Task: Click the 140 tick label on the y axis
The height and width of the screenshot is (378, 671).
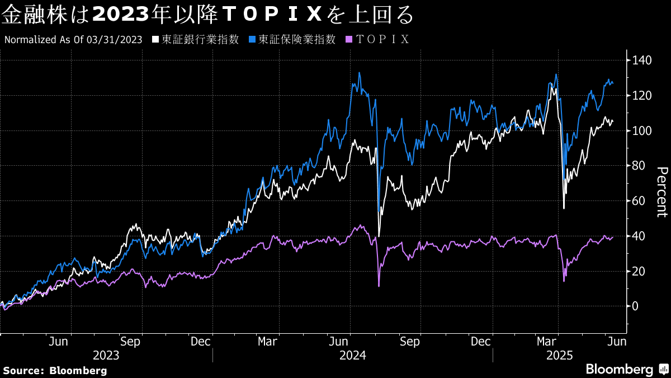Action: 642,60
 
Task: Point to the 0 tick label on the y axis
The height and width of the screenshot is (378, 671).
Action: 636,306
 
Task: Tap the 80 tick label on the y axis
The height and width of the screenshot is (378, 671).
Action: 639,166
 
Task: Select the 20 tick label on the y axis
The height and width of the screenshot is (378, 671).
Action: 639,271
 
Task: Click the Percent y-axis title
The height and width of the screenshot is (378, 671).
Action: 661,192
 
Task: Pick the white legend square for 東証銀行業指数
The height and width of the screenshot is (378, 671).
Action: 155,40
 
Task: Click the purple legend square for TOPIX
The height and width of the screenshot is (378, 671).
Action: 349,40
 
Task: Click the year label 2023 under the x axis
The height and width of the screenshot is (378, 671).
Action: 106,355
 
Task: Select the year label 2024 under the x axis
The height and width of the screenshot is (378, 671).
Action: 353,355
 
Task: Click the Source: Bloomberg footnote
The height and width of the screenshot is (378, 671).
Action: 55,370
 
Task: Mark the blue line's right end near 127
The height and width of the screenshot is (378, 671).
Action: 613,83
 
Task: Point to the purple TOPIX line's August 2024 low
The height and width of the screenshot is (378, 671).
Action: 379,286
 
